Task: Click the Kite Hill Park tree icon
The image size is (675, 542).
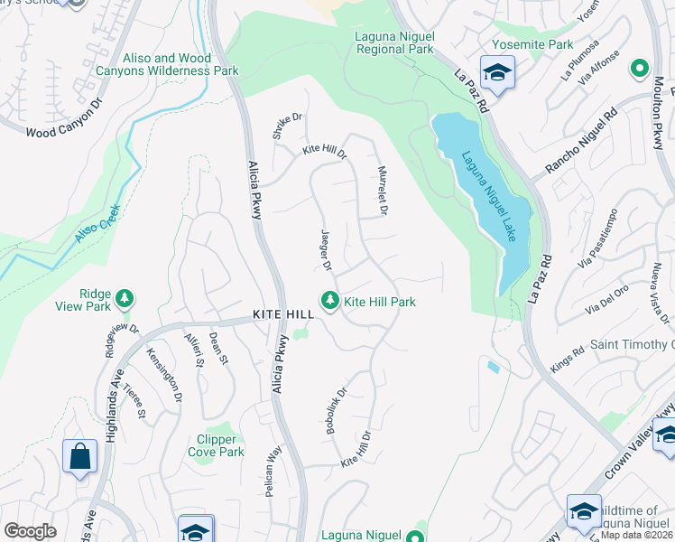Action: click(x=330, y=301)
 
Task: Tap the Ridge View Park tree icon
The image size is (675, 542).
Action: click(x=125, y=297)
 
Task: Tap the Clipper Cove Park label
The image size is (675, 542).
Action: click(x=220, y=445)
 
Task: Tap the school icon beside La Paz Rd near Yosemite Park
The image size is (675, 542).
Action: click(x=496, y=73)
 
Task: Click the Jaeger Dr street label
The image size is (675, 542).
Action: click(x=327, y=250)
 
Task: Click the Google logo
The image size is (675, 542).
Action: click(x=30, y=531)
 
